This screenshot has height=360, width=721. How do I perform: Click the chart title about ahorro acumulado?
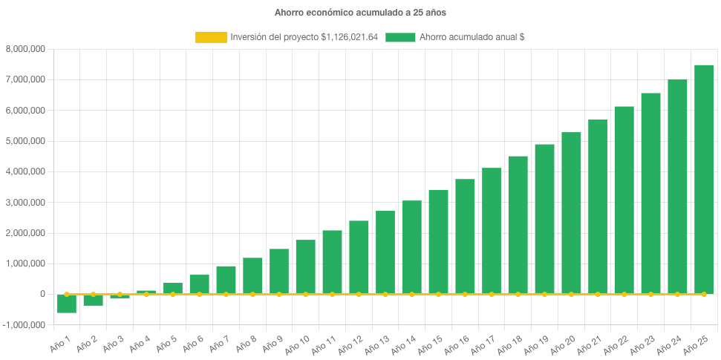(x=360, y=13)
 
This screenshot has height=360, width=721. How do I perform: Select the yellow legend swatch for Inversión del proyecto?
(x=211, y=37)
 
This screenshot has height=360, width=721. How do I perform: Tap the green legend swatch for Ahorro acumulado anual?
(x=400, y=37)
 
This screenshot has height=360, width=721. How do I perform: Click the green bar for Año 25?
(x=703, y=179)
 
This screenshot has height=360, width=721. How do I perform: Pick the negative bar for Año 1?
(x=67, y=304)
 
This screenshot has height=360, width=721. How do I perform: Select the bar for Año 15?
(x=438, y=241)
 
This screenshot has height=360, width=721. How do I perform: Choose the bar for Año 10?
(x=305, y=266)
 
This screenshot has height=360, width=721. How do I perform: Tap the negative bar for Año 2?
(x=93, y=300)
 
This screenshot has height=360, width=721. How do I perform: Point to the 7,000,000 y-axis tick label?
(x=25, y=79)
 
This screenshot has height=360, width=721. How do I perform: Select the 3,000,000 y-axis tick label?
(x=25, y=203)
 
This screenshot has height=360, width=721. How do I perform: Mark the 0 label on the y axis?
(x=42, y=294)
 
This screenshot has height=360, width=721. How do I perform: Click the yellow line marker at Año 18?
(x=518, y=295)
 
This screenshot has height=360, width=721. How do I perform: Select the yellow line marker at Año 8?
(x=252, y=295)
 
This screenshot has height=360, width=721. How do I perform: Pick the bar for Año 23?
(x=650, y=193)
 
